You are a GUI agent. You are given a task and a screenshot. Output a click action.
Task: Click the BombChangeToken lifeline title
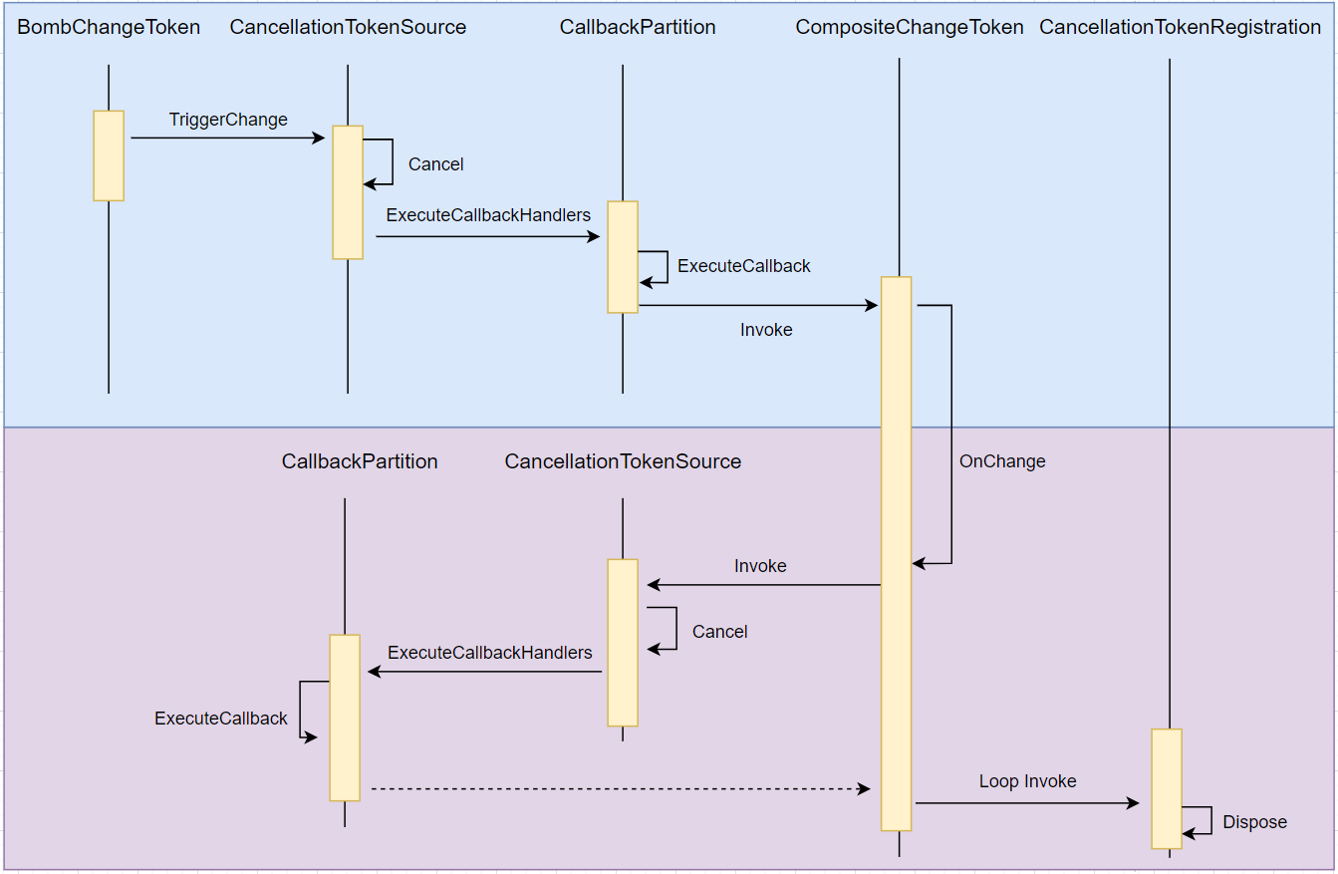pos(109,28)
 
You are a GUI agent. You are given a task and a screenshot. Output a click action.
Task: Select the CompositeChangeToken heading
pos(909,28)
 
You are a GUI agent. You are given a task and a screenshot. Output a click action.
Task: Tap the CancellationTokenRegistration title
pos(1180,28)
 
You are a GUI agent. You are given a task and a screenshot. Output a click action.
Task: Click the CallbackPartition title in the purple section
pos(360,461)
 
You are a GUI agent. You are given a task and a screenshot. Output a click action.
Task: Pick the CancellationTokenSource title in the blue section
pos(347,28)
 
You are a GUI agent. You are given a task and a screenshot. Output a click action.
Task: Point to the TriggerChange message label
pos(228,120)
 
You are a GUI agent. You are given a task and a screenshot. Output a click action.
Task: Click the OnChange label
pos(1002,461)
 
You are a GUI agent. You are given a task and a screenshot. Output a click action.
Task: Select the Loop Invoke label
pos(1027,781)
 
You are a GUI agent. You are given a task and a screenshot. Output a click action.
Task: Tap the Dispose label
pos(1254,822)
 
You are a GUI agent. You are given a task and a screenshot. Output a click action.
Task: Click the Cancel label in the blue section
pos(435,164)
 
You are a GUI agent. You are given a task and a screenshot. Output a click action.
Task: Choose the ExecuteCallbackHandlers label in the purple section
pos(489,653)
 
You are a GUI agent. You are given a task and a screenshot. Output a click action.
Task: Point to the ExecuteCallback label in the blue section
pos(743,266)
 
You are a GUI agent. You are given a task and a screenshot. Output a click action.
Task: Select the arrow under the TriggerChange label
pos(227,139)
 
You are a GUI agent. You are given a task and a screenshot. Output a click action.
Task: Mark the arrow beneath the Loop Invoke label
pos(1026,802)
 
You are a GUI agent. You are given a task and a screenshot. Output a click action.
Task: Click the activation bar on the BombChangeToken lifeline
pos(109,155)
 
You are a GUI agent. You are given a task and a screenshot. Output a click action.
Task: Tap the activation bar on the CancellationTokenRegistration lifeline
pos(1167,788)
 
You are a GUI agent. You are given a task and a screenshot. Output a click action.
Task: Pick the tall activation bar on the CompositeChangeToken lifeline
pos(896,553)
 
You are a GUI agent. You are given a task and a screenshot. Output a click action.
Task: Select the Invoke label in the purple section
pos(760,566)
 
